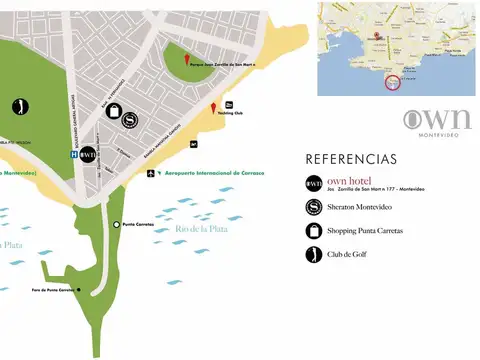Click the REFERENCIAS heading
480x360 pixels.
pos(351,159)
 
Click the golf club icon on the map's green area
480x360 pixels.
pos(20,106)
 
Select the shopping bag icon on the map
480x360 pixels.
pos(117,109)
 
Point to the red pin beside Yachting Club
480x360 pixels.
pos(212,108)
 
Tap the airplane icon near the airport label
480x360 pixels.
pos(150,173)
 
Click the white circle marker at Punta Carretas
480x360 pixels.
pos(117,224)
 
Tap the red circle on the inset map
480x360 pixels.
pos(391,82)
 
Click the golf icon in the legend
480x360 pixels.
pos(314,254)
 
